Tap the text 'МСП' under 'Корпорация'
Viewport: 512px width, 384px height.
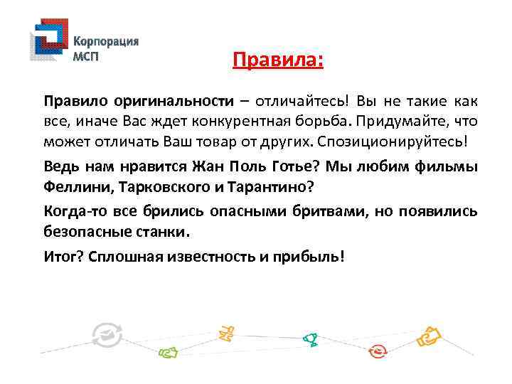89,56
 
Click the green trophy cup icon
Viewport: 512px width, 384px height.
309,340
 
